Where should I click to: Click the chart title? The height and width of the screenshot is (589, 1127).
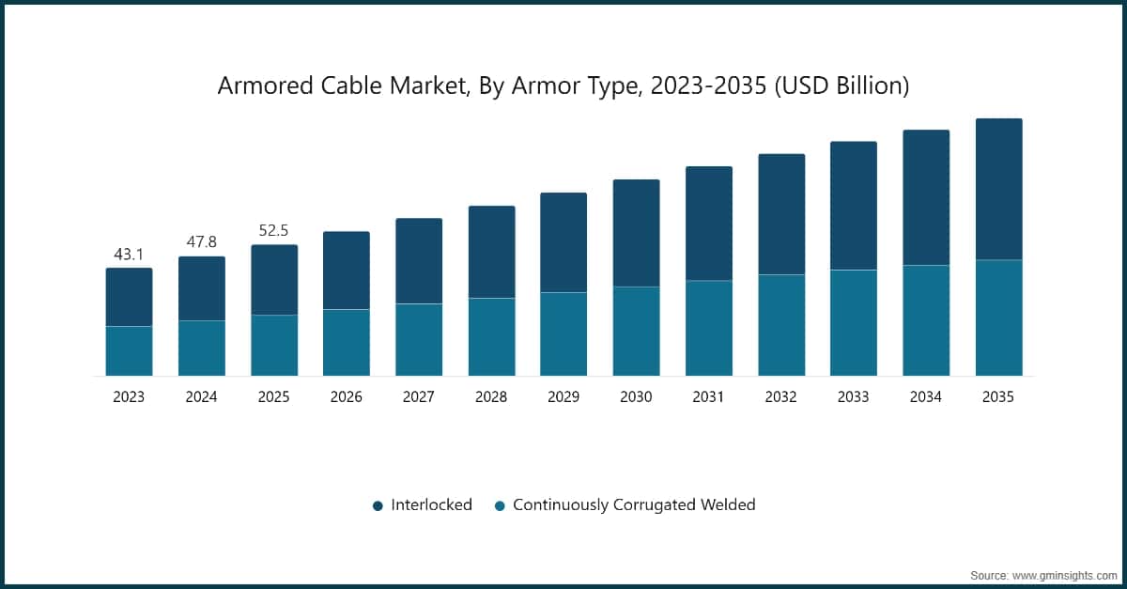[563, 85]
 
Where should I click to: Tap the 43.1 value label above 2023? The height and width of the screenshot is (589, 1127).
[129, 254]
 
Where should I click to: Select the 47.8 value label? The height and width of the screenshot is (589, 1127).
[201, 241]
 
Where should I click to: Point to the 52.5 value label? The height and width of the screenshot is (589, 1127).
[273, 230]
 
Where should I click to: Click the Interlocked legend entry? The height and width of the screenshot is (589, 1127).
[431, 504]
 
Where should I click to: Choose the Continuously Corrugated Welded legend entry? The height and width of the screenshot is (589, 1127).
[634, 504]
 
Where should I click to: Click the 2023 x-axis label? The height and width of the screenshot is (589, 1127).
[129, 397]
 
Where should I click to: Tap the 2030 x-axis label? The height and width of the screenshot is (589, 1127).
[636, 397]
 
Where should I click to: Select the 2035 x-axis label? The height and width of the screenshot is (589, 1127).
[998, 397]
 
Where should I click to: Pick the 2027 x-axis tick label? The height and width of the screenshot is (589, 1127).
[419, 397]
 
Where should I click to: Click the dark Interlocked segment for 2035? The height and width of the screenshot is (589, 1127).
[998, 189]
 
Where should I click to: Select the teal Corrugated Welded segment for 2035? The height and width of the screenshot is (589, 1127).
[998, 318]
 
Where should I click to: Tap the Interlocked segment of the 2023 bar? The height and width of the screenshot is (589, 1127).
[129, 297]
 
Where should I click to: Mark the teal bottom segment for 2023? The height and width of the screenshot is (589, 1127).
[129, 350]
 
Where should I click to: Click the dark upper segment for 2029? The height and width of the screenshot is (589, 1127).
[563, 242]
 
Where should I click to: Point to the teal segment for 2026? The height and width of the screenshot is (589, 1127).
[347, 342]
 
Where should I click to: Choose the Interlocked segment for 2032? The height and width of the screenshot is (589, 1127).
[781, 214]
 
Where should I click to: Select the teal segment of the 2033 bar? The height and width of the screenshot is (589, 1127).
[854, 322]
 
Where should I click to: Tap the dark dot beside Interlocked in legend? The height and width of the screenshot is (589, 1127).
[378, 505]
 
